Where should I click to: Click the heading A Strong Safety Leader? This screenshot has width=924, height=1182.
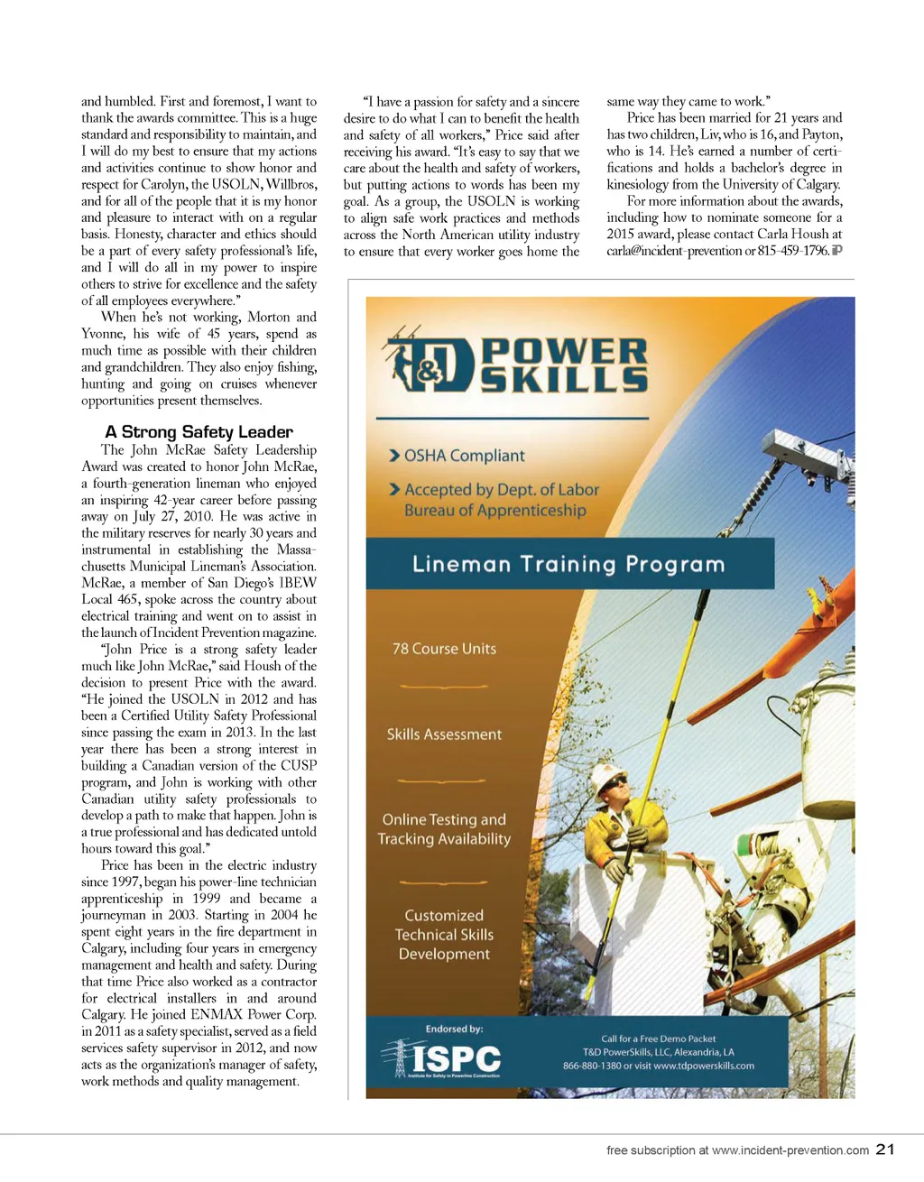(199, 432)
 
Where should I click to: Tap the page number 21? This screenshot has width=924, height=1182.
(885, 1150)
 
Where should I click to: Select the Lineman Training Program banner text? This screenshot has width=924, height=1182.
(568, 565)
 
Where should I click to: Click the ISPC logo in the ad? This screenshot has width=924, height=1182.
(443, 1058)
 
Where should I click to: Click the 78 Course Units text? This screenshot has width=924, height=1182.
(444, 649)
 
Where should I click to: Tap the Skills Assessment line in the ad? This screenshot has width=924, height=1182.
(444, 734)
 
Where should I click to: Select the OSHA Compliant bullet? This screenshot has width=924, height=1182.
(457, 456)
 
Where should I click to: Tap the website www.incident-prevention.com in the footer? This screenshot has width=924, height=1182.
(790, 1150)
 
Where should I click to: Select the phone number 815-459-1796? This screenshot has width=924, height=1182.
(793, 251)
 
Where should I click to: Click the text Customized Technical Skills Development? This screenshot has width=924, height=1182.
(444, 935)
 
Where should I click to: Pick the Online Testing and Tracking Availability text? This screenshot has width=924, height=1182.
(444, 829)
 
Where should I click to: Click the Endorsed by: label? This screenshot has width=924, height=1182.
(454, 1029)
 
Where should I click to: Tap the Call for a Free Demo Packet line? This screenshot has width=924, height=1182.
(659, 1039)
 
